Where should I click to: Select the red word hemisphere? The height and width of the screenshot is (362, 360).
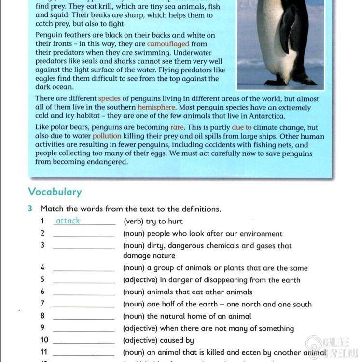pos(156,108)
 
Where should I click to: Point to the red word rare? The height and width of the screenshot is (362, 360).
pos(177,128)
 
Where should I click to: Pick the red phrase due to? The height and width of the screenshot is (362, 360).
pos(242,128)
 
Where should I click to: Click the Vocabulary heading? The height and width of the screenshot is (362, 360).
pos(55,192)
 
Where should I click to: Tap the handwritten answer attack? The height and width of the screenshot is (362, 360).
pos(68,221)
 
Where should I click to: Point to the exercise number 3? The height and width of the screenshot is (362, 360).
pos(30,209)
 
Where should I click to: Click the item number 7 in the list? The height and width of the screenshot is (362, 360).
pos(42,304)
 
